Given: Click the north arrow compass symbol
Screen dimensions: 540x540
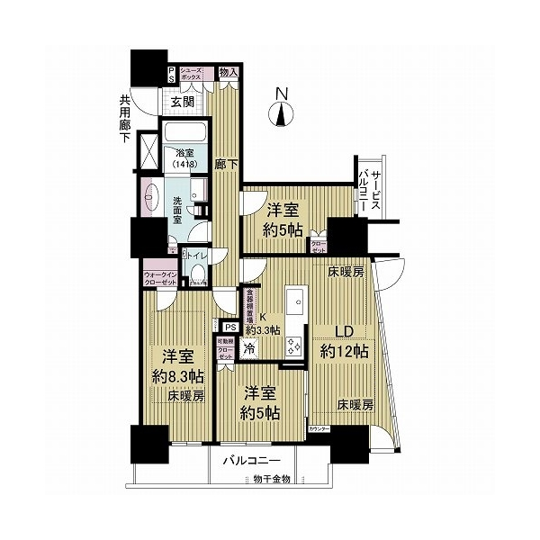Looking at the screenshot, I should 282,112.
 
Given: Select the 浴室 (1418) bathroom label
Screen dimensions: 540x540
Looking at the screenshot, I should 184,158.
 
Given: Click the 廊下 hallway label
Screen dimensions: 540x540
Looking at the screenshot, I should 224,166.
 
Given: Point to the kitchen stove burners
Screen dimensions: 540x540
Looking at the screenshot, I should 294,346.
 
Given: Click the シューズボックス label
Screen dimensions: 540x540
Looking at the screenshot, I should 191,75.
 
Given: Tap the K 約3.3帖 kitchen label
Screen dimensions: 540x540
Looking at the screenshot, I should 265,321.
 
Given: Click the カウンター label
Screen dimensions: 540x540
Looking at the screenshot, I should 319,429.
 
